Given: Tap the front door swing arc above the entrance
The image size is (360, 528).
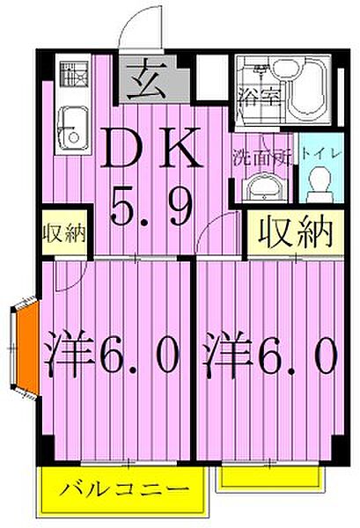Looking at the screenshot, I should (x=134, y=32).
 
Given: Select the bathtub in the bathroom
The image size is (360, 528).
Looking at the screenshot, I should (x=311, y=92).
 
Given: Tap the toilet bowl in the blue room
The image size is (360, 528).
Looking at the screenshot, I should (x=318, y=182).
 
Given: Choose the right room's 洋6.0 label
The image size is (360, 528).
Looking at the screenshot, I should (x=270, y=356).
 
